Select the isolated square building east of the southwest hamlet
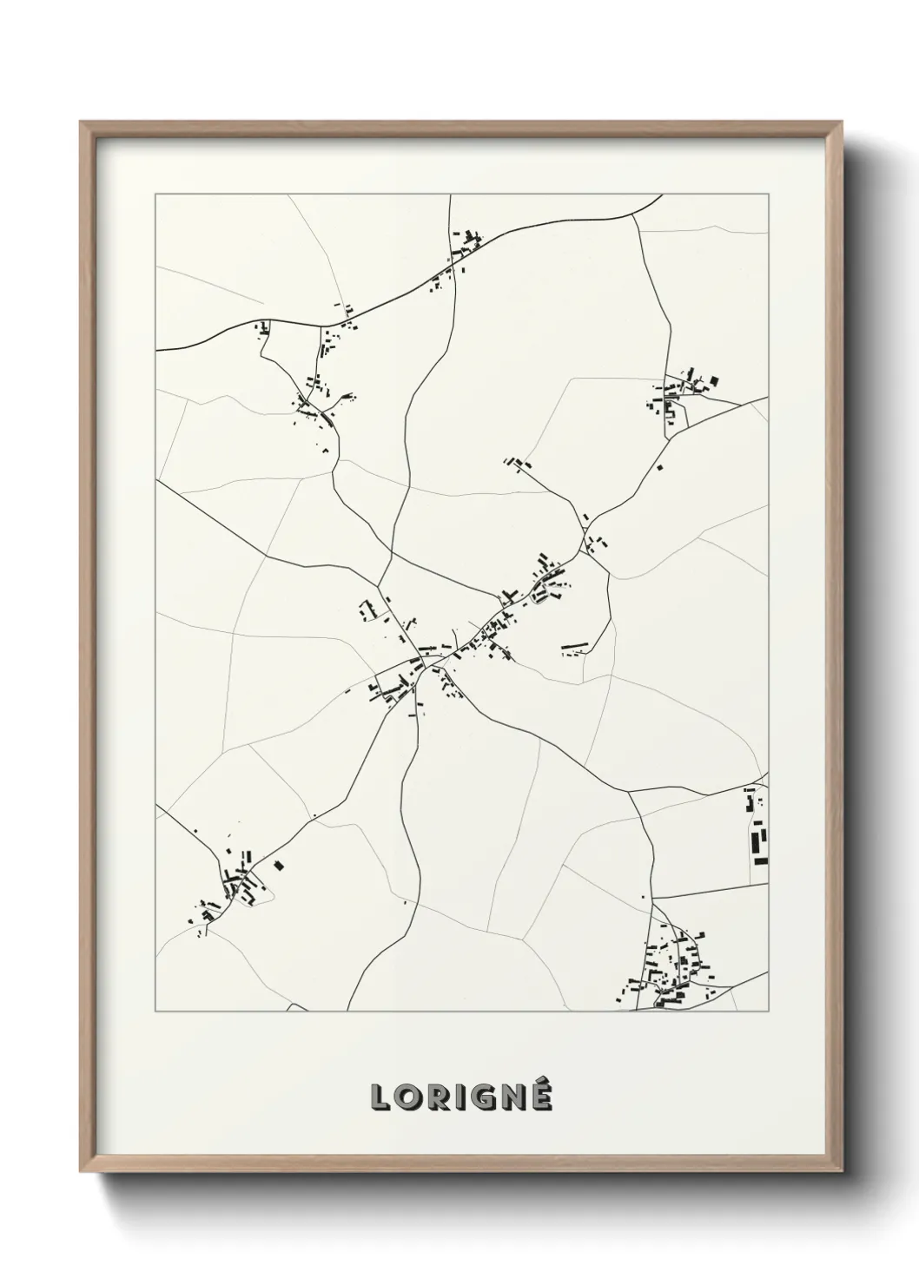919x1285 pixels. [x=279, y=865]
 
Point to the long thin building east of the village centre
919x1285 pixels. [x=575, y=646]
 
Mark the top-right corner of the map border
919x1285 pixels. [x=769, y=194]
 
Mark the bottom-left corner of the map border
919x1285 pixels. [x=155, y=1011]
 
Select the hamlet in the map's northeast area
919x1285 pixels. [x=686, y=393]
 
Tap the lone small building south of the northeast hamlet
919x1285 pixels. [x=660, y=469]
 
